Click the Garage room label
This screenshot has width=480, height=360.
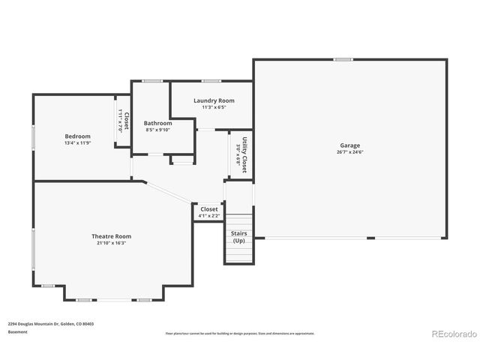(x=349, y=145)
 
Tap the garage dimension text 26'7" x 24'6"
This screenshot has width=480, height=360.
(x=349, y=151)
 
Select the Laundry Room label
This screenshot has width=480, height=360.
(x=214, y=100)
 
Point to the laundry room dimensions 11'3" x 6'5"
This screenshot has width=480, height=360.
(x=214, y=107)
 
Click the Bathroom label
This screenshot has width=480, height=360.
(x=158, y=123)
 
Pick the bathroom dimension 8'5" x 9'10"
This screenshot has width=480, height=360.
(x=158, y=130)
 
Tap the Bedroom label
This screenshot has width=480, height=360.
(x=77, y=136)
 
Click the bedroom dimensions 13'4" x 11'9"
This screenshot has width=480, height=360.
(x=77, y=142)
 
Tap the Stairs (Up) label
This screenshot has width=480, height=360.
(x=238, y=237)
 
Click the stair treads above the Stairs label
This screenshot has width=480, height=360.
(x=239, y=221)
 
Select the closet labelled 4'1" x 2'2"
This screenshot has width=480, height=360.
(x=208, y=212)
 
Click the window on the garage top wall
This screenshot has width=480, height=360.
(x=343, y=59)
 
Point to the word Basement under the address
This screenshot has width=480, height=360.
(x=18, y=331)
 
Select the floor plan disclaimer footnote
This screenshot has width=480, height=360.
(x=240, y=333)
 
